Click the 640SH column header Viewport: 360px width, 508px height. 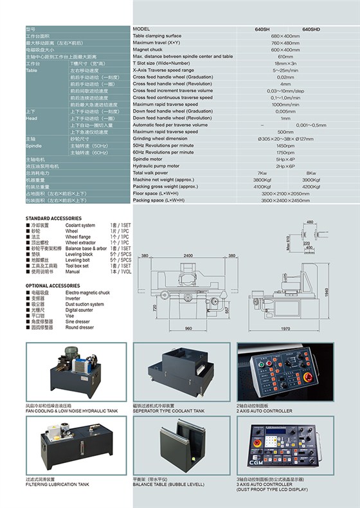point(262,30)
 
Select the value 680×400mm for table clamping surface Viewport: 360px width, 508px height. point(285,36)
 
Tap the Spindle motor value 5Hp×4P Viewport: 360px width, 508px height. point(285,158)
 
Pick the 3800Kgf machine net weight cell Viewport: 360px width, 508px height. point(262,179)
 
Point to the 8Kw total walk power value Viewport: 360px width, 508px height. point(311,173)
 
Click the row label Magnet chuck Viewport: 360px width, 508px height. point(148,50)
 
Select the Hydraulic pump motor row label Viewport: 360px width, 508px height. point(159,166)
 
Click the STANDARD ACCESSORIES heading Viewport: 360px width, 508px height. point(53,219)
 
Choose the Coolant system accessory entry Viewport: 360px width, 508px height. point(80,226)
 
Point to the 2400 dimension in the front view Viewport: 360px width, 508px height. point(188,256)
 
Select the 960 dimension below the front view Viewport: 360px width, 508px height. point(188,329)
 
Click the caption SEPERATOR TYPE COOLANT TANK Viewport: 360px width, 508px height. point(168,411)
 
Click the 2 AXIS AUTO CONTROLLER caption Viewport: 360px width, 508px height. point(264,411)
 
